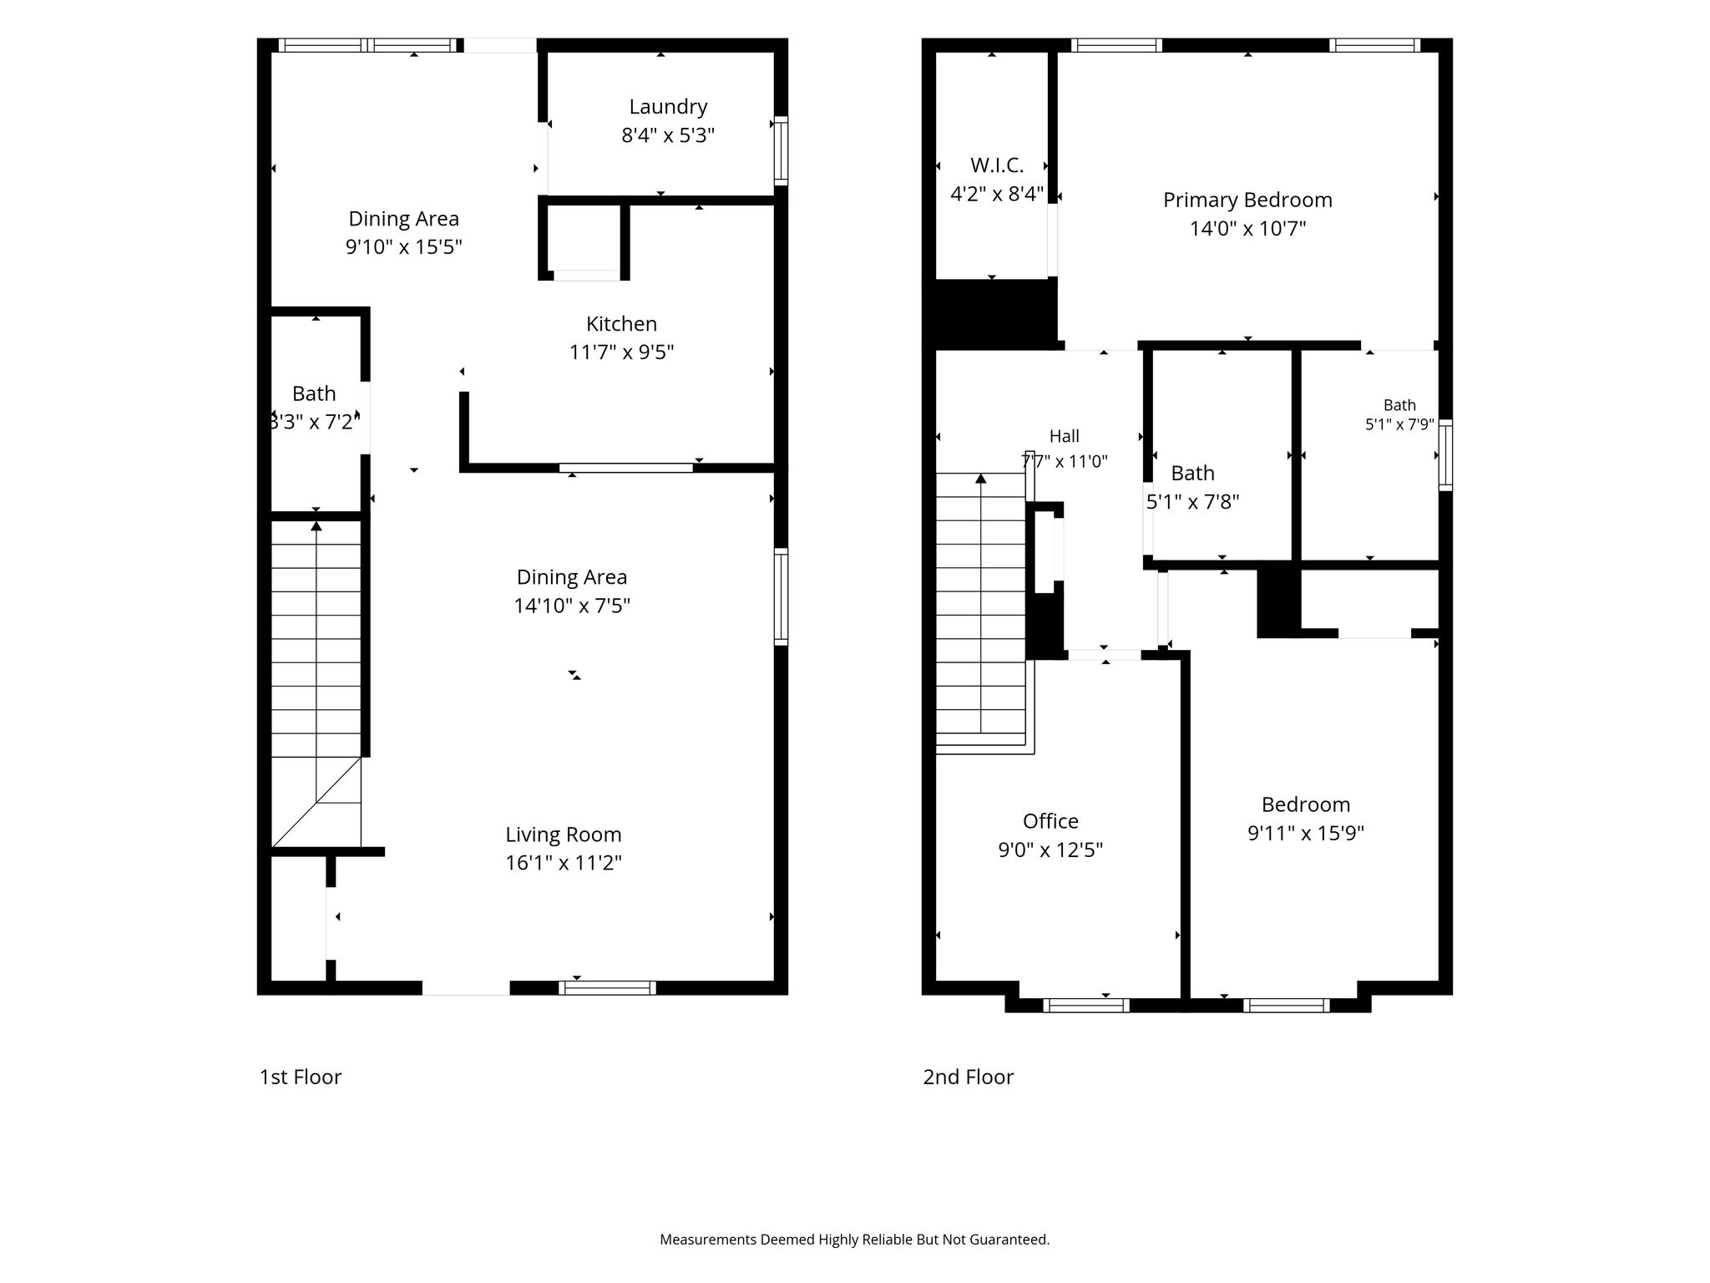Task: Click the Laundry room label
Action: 668,107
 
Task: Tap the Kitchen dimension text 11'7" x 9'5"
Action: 621,352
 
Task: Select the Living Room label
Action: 564,834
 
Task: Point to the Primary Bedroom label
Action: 1247,200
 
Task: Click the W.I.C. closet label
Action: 997,165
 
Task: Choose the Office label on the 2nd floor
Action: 1050,821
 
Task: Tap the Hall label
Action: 1065,436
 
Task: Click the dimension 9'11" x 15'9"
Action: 1306,834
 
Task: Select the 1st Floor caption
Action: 301,1077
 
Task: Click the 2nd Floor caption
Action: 969,1077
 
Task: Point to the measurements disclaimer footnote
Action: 855,1240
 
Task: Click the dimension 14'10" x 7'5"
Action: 572,606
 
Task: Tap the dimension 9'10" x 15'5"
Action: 404,247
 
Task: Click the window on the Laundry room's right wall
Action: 781,151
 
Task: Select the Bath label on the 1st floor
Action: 314,393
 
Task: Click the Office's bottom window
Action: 1086,1006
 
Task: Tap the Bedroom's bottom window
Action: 1286,1006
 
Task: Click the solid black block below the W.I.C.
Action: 994,313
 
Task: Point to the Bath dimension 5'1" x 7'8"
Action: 1192,502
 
